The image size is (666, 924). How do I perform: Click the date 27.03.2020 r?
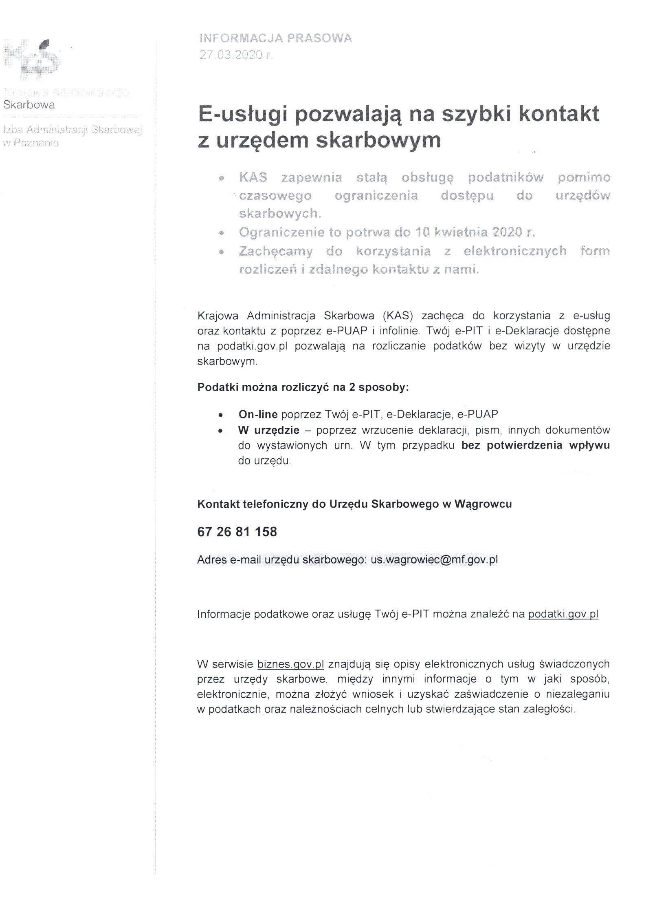click(236, 55)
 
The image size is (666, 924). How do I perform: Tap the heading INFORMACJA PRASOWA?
click(276, 38)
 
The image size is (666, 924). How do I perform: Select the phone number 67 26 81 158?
click(237, 532)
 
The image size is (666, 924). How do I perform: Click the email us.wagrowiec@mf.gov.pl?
click(434, 559)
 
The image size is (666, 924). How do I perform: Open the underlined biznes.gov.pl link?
click(290, 664)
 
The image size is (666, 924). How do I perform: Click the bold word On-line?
click(258, 414)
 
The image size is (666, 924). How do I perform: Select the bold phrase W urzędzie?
click(269, 430)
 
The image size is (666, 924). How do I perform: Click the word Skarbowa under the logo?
click(29, 105)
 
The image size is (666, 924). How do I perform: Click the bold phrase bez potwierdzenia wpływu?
click(535, 445)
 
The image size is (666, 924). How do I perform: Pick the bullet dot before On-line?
click(220, 415)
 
